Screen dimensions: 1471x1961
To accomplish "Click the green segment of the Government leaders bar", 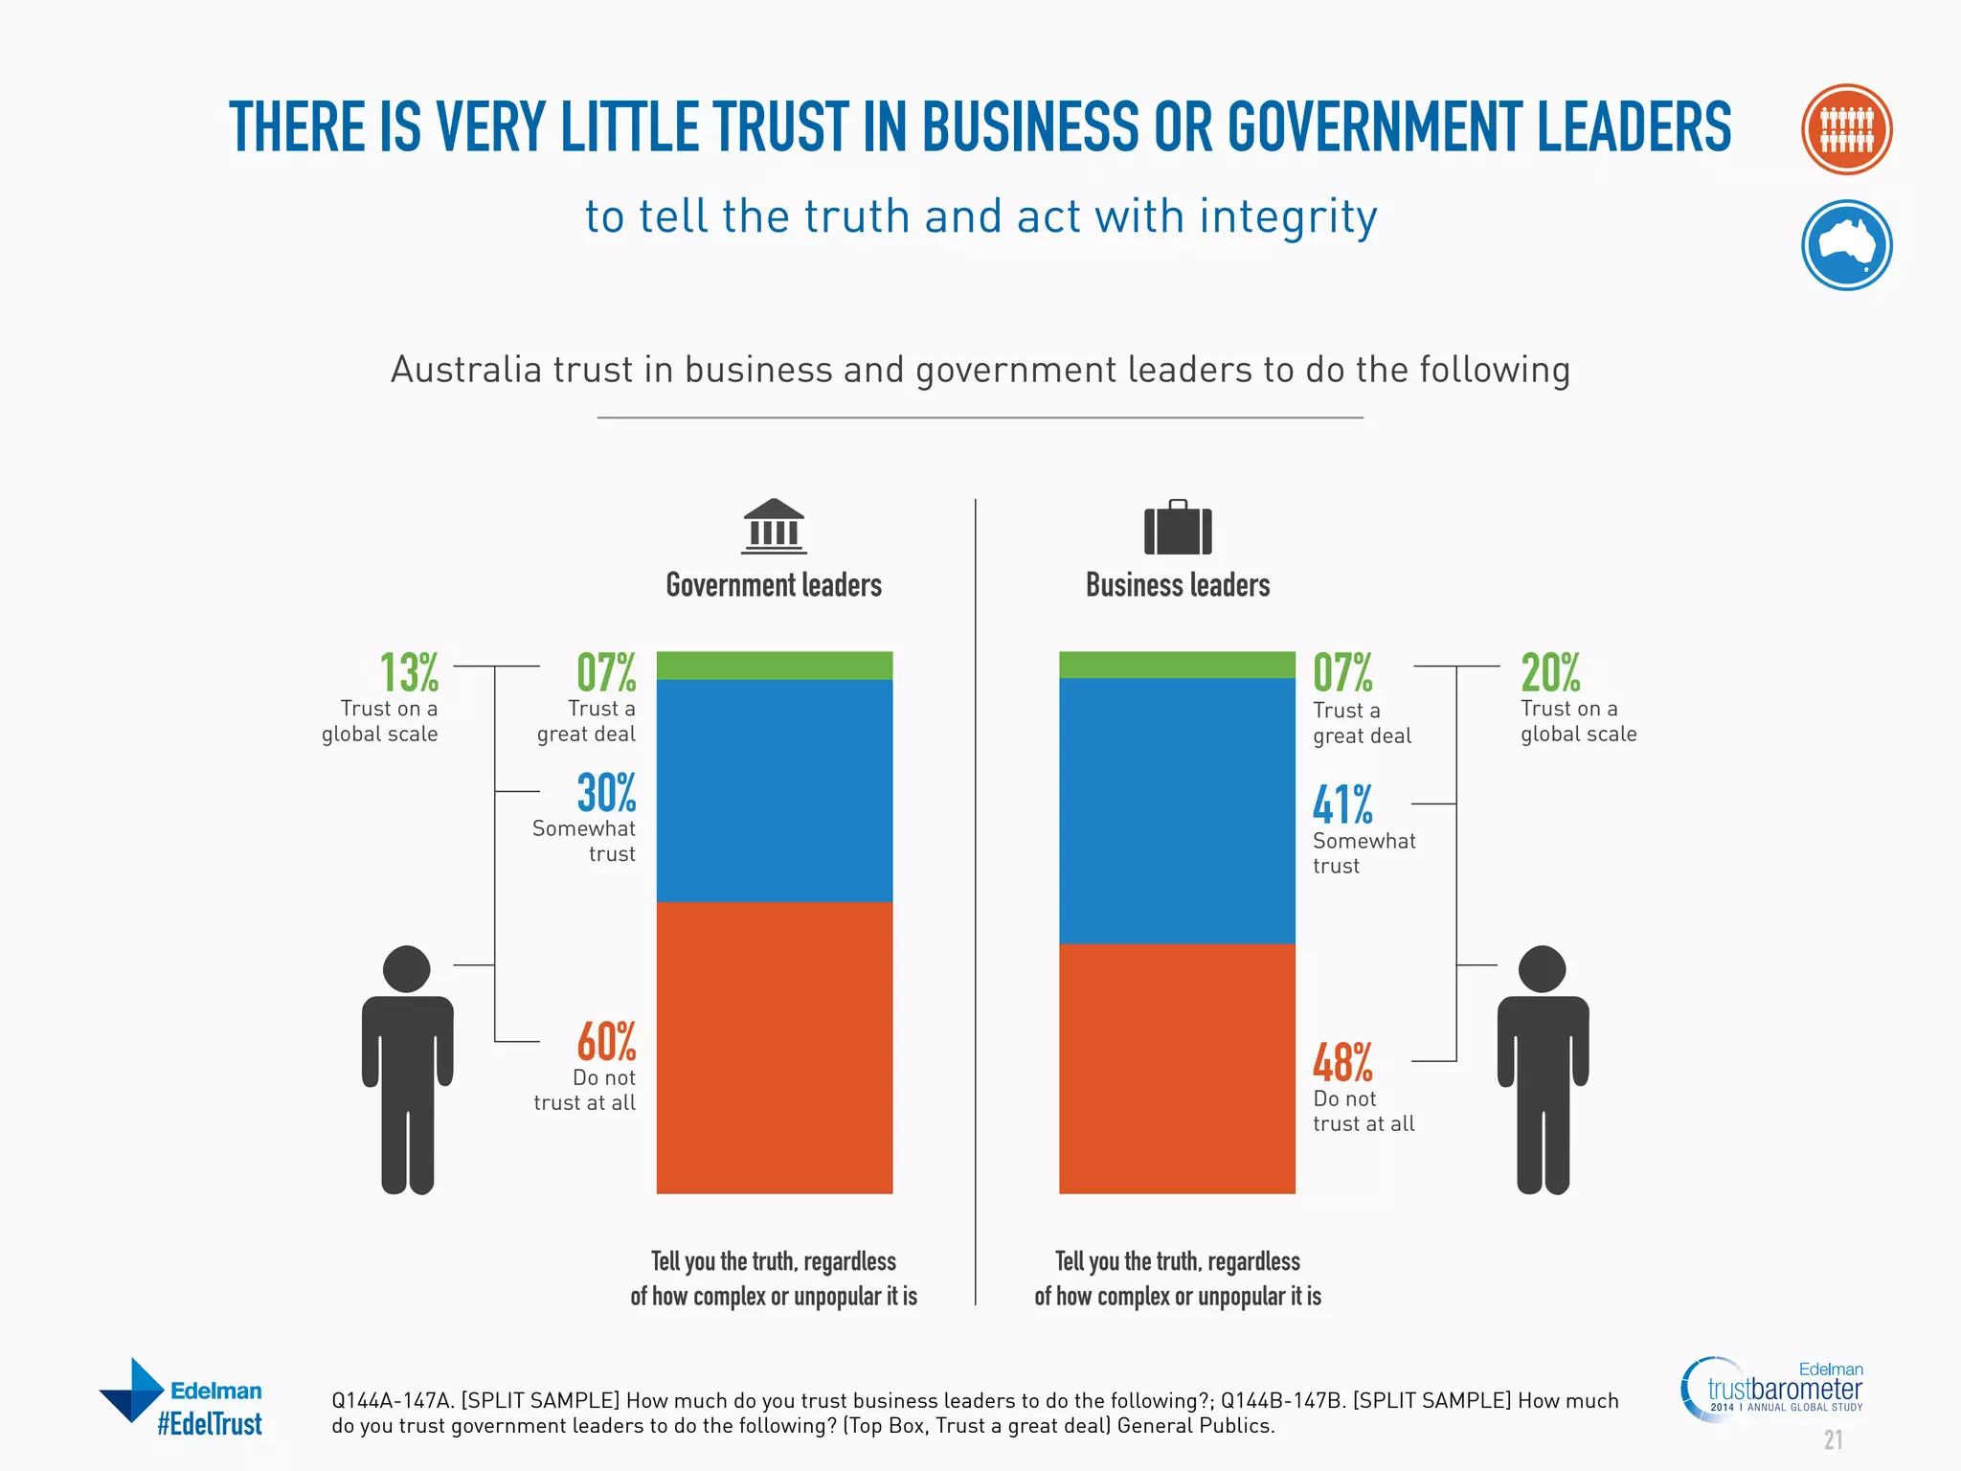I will tap(774, 666).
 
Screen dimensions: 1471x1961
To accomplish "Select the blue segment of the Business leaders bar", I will tap(1177, 810).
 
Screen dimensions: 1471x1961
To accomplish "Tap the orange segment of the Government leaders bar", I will tap(774, 1047).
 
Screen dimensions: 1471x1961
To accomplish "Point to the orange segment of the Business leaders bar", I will tap(1177, 1068).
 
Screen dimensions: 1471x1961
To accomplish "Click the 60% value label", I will tap(606, 1042).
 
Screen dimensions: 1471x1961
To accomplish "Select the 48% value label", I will tap(1342, 1063).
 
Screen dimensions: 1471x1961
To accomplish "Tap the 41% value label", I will tap(1342, 804).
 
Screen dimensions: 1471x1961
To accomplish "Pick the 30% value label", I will tap(606, 793).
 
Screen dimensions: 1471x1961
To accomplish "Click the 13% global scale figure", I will tap(409, 672).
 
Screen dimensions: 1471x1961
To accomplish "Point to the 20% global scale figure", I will tap(1550, 672).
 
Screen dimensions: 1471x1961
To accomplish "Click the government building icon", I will tap(774, 527).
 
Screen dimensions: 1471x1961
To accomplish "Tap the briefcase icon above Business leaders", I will tap(1178, 528).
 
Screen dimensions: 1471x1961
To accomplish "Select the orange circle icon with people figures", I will tap(1846, 129).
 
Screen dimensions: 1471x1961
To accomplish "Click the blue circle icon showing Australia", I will tap(1846, 245).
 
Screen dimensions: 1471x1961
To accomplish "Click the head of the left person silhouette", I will tap(406, 969).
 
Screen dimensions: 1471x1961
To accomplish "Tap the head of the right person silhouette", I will tap(1542, 969).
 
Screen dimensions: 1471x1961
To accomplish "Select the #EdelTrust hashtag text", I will tap(210, 1424).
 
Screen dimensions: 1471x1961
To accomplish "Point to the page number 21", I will tap(1833, 1440).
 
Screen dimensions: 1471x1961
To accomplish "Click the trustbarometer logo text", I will tap(1785, 1389).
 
